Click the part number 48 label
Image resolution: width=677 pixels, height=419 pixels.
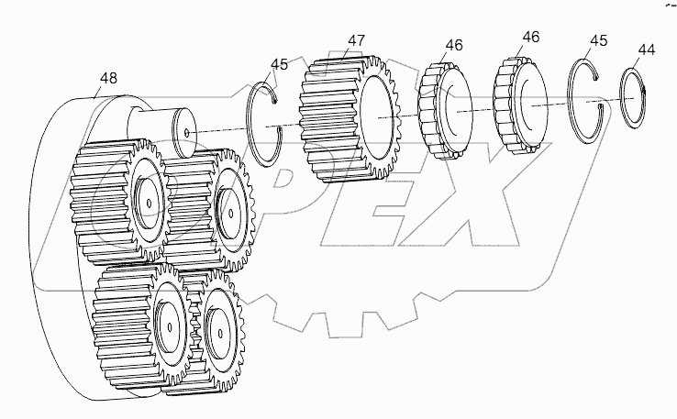(108, 79)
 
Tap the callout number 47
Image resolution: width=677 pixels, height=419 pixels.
(357, 41)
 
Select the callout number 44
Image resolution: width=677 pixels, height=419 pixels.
(646, 50)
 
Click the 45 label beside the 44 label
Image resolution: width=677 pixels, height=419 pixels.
(598, 40)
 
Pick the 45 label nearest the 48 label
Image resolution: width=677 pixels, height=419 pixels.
(280, 63)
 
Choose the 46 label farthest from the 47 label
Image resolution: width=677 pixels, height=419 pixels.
(530, 37)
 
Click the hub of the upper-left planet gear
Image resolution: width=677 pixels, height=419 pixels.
(147, 197)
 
